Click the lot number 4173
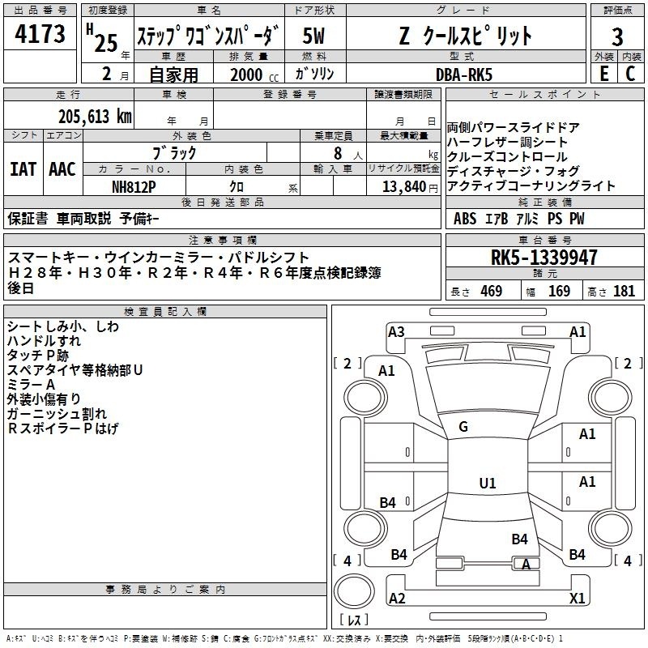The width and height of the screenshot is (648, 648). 40,33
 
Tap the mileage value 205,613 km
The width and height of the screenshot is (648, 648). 95,117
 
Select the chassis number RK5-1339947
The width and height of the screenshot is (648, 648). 544,258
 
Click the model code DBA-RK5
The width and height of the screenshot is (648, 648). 464,75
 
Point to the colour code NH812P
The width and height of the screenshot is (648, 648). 134,187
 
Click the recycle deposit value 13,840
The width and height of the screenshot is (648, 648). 404,186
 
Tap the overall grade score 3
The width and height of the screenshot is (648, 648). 617,37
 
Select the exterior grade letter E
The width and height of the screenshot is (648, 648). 604,74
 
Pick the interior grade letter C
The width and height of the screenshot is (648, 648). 630,74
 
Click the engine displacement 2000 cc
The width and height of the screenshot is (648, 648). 254,75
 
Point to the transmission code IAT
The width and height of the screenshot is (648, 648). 23,169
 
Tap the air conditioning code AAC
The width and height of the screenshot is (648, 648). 62,169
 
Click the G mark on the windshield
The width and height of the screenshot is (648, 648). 463,427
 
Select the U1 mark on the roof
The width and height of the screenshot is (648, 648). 488,483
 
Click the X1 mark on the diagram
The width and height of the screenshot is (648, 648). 578,598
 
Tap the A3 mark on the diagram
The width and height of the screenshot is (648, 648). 396,332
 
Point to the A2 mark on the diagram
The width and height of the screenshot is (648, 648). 397,598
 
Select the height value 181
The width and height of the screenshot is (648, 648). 624,292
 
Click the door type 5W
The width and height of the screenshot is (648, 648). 313,36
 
